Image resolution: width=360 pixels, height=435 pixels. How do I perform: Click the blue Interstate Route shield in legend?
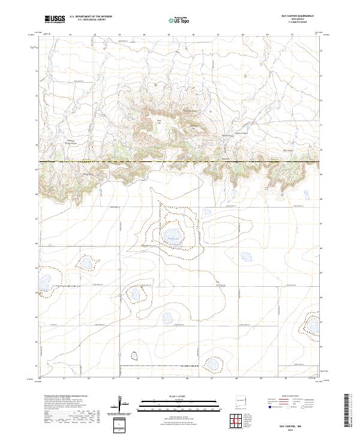click(x=271, y=407)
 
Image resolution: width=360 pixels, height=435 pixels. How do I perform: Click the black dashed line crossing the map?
click(x=180, y=162)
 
